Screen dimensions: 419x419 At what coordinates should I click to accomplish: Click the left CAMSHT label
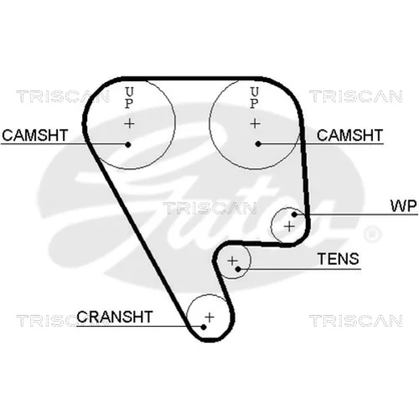[x=35, y=135]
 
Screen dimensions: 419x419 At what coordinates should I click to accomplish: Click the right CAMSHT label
[x=349, y=135]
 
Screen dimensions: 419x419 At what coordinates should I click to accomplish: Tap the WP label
[x=403, y=206]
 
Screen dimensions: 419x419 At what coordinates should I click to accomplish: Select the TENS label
[x=339, y=259]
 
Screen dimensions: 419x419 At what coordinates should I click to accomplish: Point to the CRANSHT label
[x=115, y=317]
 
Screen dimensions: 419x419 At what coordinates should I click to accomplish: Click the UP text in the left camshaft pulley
[x=129, y=98]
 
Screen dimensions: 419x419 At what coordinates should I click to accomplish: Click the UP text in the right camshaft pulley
[x=254, y=98]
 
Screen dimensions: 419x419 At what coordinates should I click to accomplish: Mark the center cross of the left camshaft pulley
[x=129, y=123]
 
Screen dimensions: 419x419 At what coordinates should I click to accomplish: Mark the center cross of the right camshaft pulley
[x=255, y=123]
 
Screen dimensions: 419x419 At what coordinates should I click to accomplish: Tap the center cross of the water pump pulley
[x=289, y=226]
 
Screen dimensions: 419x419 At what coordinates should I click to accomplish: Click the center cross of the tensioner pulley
[x=232, y=261]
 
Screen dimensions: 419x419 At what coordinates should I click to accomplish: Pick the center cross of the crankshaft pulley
[x=209, y=318]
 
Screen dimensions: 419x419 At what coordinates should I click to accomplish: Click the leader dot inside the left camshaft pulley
[x=128, y=144]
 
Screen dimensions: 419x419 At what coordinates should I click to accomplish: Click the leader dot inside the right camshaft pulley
[x=258, y=144]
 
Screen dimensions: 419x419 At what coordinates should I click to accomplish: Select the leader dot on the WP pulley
[x=294, y=215]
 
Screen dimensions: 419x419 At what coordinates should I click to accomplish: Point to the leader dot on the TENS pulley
[x=238, y=269]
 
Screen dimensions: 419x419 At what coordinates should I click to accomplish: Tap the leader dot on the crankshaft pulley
[x=204, y=327]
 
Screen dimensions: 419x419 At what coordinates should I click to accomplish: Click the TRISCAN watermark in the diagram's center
[x=210, y=209]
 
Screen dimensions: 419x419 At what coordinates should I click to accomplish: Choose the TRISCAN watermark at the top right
[x=355, y=96]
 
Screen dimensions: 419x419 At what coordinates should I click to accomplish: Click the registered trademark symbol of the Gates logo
[x=372, y=234]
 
